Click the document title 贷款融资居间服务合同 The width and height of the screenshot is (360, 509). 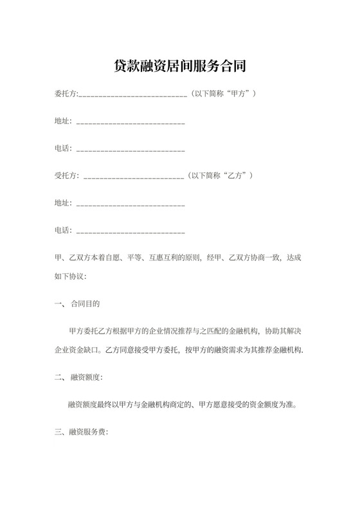(x=180, y=66)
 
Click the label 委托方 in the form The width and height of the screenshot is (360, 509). (x=66, y=94)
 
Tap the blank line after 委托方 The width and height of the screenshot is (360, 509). (x=132, y=95)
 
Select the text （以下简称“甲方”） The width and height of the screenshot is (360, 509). (x=222, y=94)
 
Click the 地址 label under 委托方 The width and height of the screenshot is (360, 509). (x=63, y=121)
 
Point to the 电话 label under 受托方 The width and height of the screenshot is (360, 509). (x=63, y=230)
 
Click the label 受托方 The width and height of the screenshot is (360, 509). (x=66, y=175)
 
